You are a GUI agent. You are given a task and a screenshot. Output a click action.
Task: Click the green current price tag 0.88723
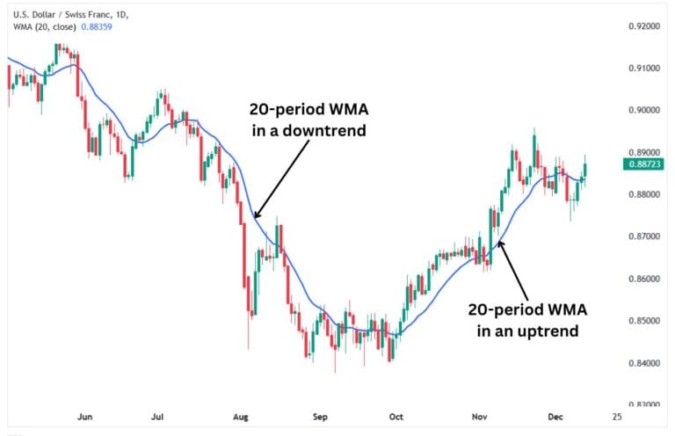coord(646,164)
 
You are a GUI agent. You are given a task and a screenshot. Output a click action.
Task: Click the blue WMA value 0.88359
coord(93,26)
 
